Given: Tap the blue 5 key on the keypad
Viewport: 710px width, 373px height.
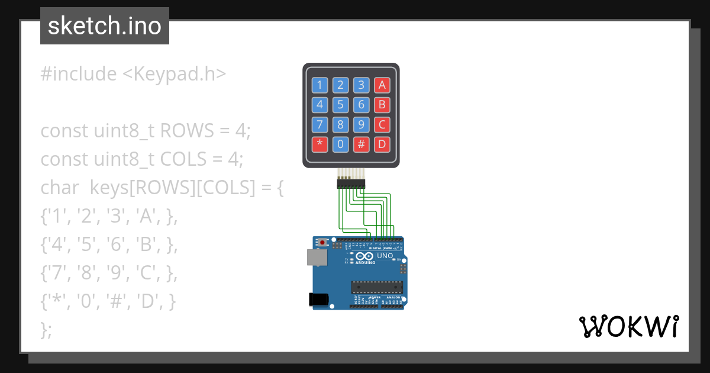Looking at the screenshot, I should pyautogui.click(x=340, y=105).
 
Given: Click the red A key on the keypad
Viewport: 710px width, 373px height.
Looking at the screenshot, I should pyautogui.click(x=382, y=85).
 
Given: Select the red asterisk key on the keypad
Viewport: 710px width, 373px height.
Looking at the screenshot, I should pyautogui.click(x=320, y=144).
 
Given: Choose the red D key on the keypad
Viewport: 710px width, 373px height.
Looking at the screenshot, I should pyautogui.click(x=382, y=144).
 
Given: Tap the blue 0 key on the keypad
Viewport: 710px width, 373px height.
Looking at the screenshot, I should pyautogui.click(x=340, y=144).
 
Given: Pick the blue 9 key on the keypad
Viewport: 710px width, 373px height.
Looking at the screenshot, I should pyautogui.click(x=361, y=124).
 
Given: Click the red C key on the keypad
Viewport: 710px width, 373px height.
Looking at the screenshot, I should pyautogui.click(x=382, y=124).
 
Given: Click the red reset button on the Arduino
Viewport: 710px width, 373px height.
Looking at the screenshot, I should pyautogui.click(x=322, y=243).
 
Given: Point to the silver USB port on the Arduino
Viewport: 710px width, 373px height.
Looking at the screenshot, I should pyautogui.click(x=316, y=257).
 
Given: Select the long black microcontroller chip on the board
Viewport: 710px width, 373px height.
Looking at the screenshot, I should pyautogui.click(x=377, y=287).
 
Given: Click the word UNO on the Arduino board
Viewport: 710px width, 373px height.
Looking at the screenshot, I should pyautogui.click(x=385, y=256).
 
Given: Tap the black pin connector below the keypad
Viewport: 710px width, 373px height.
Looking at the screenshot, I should pyautogui.click(x=351, y=185).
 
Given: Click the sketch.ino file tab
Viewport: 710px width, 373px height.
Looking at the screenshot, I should pyautogui.click(x=105, y=26).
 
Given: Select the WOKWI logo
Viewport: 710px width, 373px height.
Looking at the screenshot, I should pyautogui.click(x=628, y=327).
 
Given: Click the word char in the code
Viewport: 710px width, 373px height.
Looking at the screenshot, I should pyautogui.click(x=60, y=188).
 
